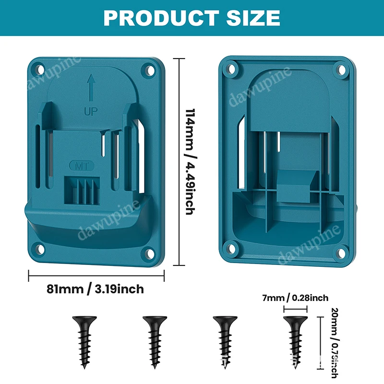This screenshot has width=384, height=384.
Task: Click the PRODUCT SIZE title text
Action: point(192,18)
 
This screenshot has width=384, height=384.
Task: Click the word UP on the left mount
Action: point(90,112)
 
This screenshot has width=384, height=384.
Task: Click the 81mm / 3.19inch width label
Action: point(95,289)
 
